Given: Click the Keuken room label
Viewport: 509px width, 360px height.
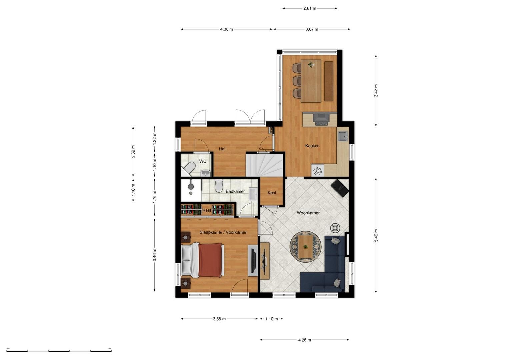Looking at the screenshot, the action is (x=312, y=146).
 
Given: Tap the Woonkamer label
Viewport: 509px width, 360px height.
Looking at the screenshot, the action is (x=308, y=213).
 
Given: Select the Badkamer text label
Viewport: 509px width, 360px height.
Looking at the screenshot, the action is (x=235, y=191).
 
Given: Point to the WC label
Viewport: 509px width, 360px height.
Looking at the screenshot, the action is (x=203, y=161).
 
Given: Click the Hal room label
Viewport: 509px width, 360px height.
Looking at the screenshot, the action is (x=222, y=149).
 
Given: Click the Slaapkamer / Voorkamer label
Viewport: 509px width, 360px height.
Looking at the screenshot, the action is (x=223, y=232).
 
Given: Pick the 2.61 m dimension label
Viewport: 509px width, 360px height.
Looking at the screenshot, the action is (x=310, y=8).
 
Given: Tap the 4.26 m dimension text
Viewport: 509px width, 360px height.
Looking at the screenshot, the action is (x=304, y=340).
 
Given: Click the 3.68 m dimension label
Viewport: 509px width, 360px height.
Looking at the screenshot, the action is (x=219, y=319).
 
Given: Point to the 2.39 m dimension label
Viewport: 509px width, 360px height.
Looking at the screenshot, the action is (x=133, y=152).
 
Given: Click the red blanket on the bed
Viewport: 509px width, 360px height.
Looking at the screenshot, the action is (x=210, y=260).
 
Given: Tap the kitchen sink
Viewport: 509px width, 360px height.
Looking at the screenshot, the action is (x=343, y=136).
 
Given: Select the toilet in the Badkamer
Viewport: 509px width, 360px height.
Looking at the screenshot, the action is (x=219, y=186).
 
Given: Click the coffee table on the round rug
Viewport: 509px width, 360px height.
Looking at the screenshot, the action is (x=306, y=247).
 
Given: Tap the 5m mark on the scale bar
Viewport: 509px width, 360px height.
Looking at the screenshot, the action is (x=110, y=348).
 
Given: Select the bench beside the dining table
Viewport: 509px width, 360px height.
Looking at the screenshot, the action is (x=329, y=81).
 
